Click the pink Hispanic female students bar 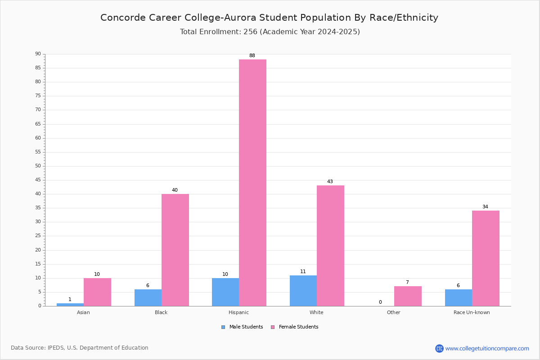[x=252, y=183]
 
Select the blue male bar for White [x=303, y=291]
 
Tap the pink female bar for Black [x=175, y=250]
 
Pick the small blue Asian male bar [x=70, y=305]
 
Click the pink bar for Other [x=408, y=297]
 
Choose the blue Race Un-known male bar [x=459, y=298]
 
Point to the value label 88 [x=252, y=55]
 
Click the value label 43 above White [x=330, y=181]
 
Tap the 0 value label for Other [x=380, y=302]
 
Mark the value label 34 [x=485, y=207]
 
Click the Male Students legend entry [x=242, y=327]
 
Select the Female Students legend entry [x=295, y=327]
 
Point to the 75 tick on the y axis [x=38, y=96]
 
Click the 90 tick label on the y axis [x=38, y=54]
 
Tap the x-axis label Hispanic [x=238, y=312]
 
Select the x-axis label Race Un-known [x=472, y=312]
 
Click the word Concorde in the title [x=123, y=18]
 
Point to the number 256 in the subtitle [x=251, y=32]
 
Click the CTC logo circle [x=439, y=348]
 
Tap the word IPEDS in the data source [x=56, y=348]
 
